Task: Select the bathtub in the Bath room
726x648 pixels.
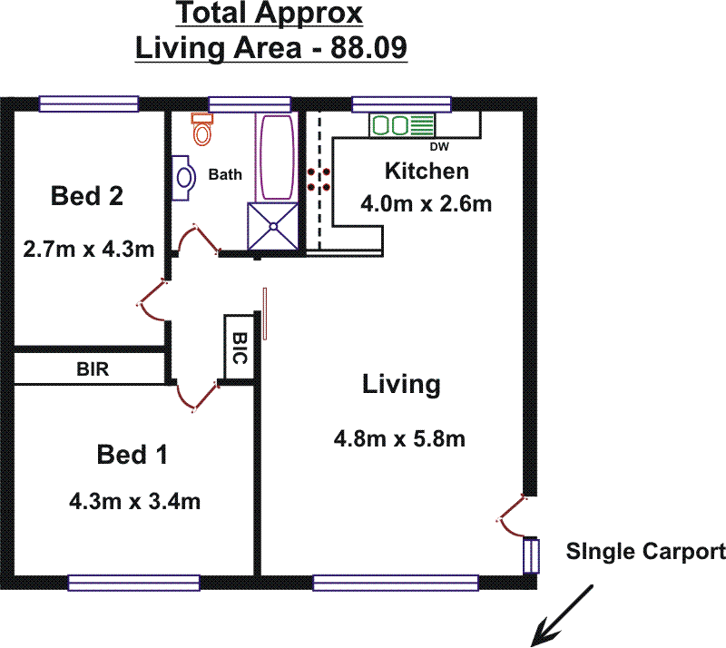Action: [x=275, y=158]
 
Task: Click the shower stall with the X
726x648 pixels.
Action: [x=273, y=224]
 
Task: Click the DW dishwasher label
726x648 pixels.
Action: [x=439, y=147]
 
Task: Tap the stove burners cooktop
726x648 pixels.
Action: [x=318, y=178]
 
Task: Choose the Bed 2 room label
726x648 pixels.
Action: [x=87, y=196]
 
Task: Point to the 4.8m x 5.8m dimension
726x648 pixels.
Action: [x=399, y=440]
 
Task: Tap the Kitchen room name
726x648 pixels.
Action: [x=427, y=171]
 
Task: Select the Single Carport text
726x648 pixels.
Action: [x=645, y=551]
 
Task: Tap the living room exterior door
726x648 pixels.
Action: [x=513, y=513]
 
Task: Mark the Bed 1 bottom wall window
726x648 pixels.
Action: [x=134, y=583]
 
